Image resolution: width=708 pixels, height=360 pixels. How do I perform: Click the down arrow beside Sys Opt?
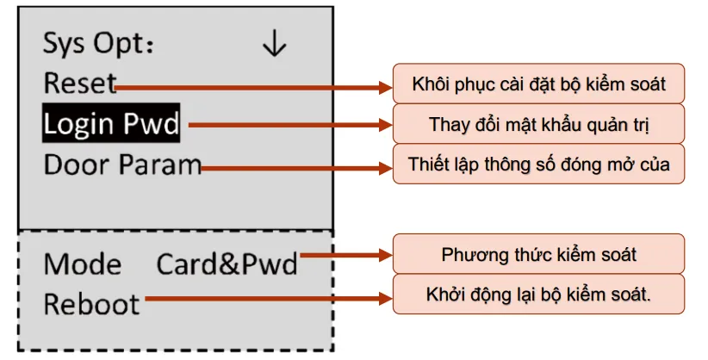pos(274,44)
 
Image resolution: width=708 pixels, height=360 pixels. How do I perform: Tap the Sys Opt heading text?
pos(98,44)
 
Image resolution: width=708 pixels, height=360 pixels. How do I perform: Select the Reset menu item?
pos(79,84)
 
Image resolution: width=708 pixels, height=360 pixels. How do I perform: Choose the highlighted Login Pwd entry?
pos(112,125)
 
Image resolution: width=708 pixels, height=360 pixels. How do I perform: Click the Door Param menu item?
pos(122,164)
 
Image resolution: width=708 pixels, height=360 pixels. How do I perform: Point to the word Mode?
pos(83,264)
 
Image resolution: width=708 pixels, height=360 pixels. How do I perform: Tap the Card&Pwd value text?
pos(227,264)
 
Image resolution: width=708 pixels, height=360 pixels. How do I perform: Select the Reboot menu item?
pos(91,303)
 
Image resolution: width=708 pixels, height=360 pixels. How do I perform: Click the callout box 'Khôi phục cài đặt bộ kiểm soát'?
pos(538,84)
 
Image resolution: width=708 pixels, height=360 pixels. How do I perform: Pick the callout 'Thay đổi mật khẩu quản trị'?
pos(538,124)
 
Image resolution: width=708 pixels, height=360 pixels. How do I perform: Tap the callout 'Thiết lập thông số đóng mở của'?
pos(538,164)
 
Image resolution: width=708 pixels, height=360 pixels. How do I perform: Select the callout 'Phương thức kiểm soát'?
pos(538,255)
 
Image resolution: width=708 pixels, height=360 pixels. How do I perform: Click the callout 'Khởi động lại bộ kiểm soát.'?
pos(538,295)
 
